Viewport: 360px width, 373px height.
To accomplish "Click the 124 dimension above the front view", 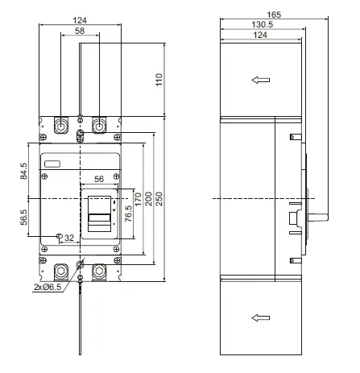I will coord(80,19).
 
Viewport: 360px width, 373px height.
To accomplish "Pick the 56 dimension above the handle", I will coord(99,179).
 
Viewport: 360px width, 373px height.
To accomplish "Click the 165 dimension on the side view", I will coord(274,15).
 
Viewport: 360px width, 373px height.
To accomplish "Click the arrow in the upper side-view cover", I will coord(259,80).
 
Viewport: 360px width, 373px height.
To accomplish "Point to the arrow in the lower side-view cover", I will coord(259,317).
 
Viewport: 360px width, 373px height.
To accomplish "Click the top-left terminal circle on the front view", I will coord(60,126).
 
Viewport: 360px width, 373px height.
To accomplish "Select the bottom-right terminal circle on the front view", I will coord(99,270).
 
